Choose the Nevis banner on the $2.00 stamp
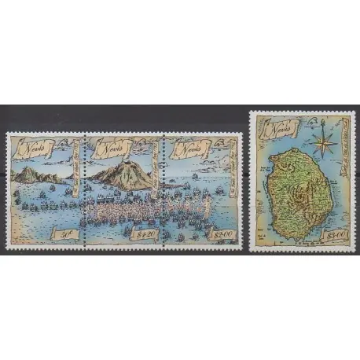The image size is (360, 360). pyautogui.click(x=186, y=148)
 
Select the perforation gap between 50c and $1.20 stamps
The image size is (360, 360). pyautogui.click(x=83, y=189)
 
